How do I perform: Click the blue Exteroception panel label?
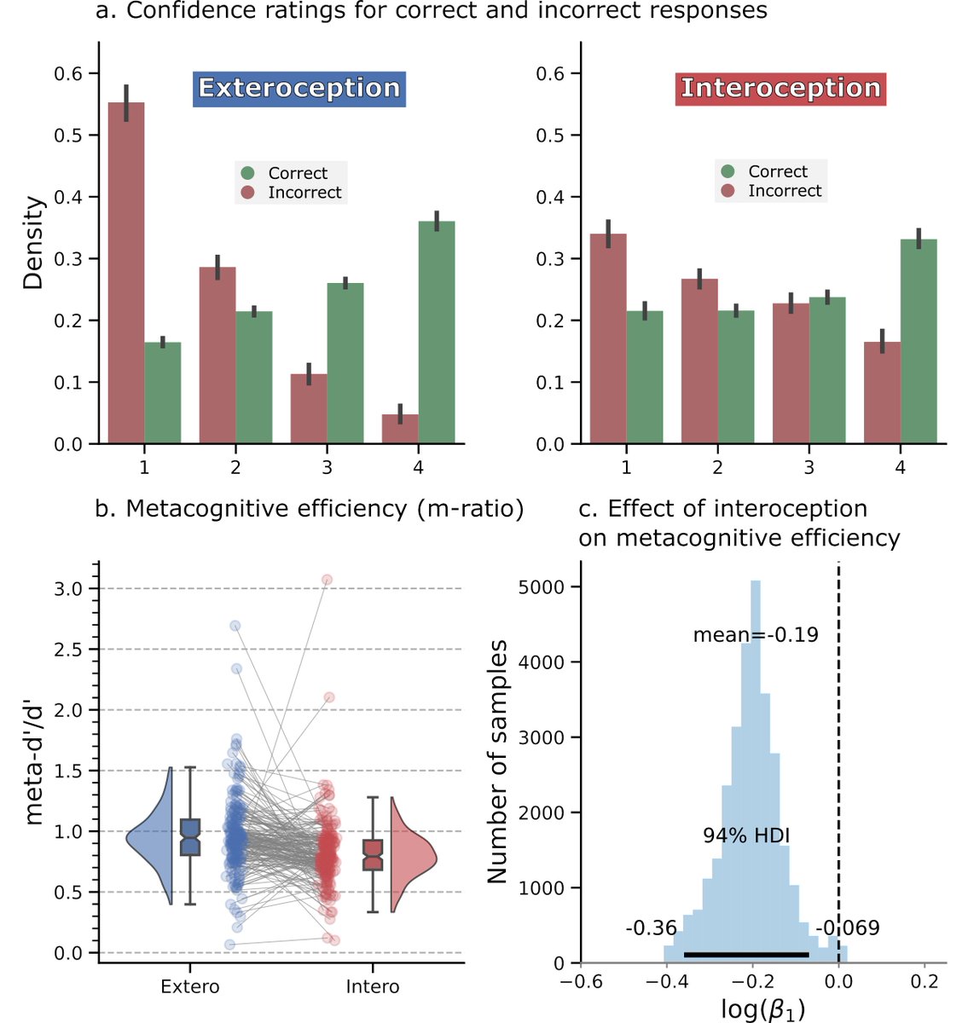[x=299, y=89]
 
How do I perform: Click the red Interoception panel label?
[x=780, y=89]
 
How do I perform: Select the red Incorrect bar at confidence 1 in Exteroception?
[x=125, y=273]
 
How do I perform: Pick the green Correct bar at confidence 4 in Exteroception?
[x=436, y=332]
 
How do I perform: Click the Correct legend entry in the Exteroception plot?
[x=290, y=173]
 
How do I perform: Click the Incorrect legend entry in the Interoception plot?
[x=771, y=191]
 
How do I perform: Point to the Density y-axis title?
[x=33, y=243]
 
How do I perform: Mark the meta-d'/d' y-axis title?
[x=33, y=761]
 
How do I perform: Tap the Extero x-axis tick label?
[x=189, y=987]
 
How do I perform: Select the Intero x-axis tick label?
[x=372, y=987]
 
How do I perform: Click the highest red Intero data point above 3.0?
[x=327, y=580]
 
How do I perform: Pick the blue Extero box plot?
[x=191, y=837]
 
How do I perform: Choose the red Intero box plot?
[x=373, y=854]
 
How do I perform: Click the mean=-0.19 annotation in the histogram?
[x=755, y=635]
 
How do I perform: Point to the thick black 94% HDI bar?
[x=746, y=955]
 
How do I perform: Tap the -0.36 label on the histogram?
[x=651, y=928]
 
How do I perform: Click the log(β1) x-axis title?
[x=762, y=1009]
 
